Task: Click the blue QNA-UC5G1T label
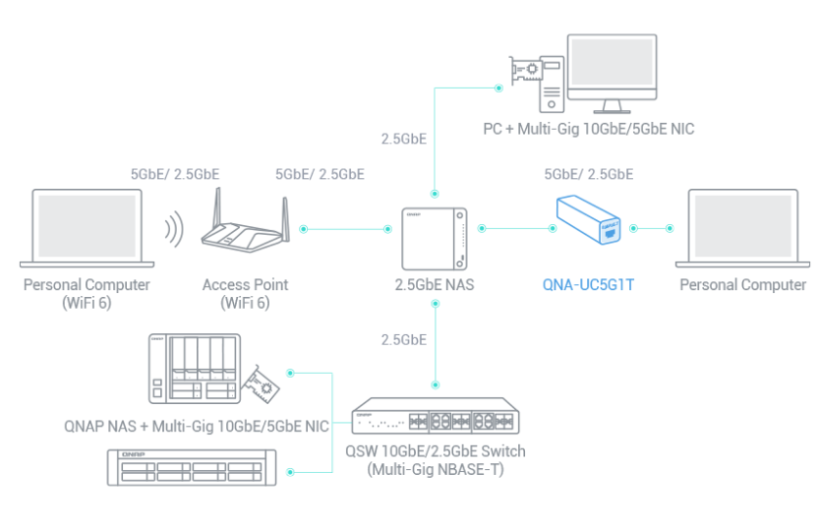[x=590, y=285]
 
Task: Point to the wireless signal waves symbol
[x=173, y=230]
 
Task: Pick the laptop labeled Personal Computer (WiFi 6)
[x=88, y=228]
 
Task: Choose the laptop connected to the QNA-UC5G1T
[x=742, y=228]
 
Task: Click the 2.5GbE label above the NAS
[x=403, y=139]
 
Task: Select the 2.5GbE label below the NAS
[x=403, y=340]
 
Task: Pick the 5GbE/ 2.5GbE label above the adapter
[x=589, y=174]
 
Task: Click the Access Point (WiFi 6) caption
[x=246, y=293]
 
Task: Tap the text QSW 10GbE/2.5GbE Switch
[x=436, y=451]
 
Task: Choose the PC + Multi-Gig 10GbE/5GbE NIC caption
[x=589, y=129]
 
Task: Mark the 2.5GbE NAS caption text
[x=435, y=285]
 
